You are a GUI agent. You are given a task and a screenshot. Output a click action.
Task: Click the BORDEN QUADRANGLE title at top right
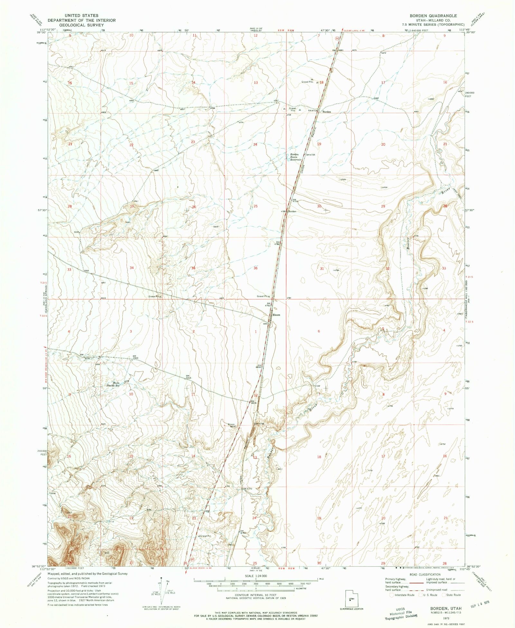click(x=433, y=15)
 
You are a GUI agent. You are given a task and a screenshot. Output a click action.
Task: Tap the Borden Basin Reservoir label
click(x=295, y=157)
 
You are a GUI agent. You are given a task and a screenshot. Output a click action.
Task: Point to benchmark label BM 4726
click(x=310, y=155)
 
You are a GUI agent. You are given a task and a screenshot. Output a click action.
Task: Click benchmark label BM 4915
click(x=188, y=377)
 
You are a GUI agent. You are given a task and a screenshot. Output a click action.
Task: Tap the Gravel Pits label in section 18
click(x=307, y=82)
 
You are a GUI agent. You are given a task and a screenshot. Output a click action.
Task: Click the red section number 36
click(x=255, y=268)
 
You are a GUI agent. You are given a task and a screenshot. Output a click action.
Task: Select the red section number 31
click(x=322, y=268)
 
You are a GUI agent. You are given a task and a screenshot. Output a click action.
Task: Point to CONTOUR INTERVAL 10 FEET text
click(x=256, y=595)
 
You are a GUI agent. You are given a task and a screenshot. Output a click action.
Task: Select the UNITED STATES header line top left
click(x=81, y=15)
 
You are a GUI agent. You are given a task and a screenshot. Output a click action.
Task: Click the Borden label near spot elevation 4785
click(x=292, y=211)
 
